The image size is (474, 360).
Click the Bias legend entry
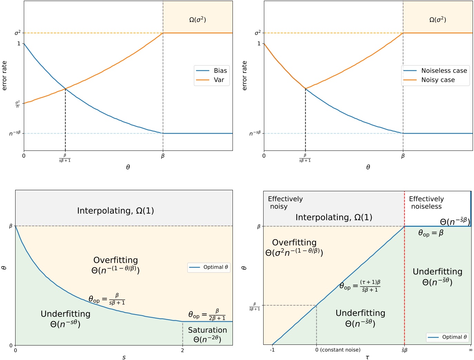click(x=211, y=71)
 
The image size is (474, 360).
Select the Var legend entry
click(x=211, y=80)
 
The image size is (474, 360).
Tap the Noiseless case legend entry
click(x=435, y=71)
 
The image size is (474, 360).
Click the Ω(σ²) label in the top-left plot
click(x=197, y=20)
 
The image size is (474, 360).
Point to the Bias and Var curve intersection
click(x=65, y=89)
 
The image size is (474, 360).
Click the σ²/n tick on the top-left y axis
click(x=17, y=104)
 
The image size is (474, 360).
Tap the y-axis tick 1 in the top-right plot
click(x=259, y=43)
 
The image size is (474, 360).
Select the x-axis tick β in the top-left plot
click(x=163, y=156)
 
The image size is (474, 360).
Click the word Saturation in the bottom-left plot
click(x=207, y=330)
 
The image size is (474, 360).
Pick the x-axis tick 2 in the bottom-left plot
click(x=182, y=350)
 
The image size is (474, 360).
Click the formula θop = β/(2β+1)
click(x=207, y=314)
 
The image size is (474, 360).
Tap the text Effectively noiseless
click(x=426, y=203)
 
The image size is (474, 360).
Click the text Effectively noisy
click(x=285, y=203)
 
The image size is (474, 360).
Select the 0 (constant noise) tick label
click(x=338, y=350)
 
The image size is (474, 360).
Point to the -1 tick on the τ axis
click(x=272, y=350)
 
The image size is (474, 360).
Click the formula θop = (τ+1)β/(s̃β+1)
click(x=360, y=286)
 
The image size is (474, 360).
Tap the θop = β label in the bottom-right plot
click(x=431, y=233)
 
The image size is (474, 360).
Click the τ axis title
click(x=367, y=357)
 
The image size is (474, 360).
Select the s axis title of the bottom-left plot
click(x=124, y=357)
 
